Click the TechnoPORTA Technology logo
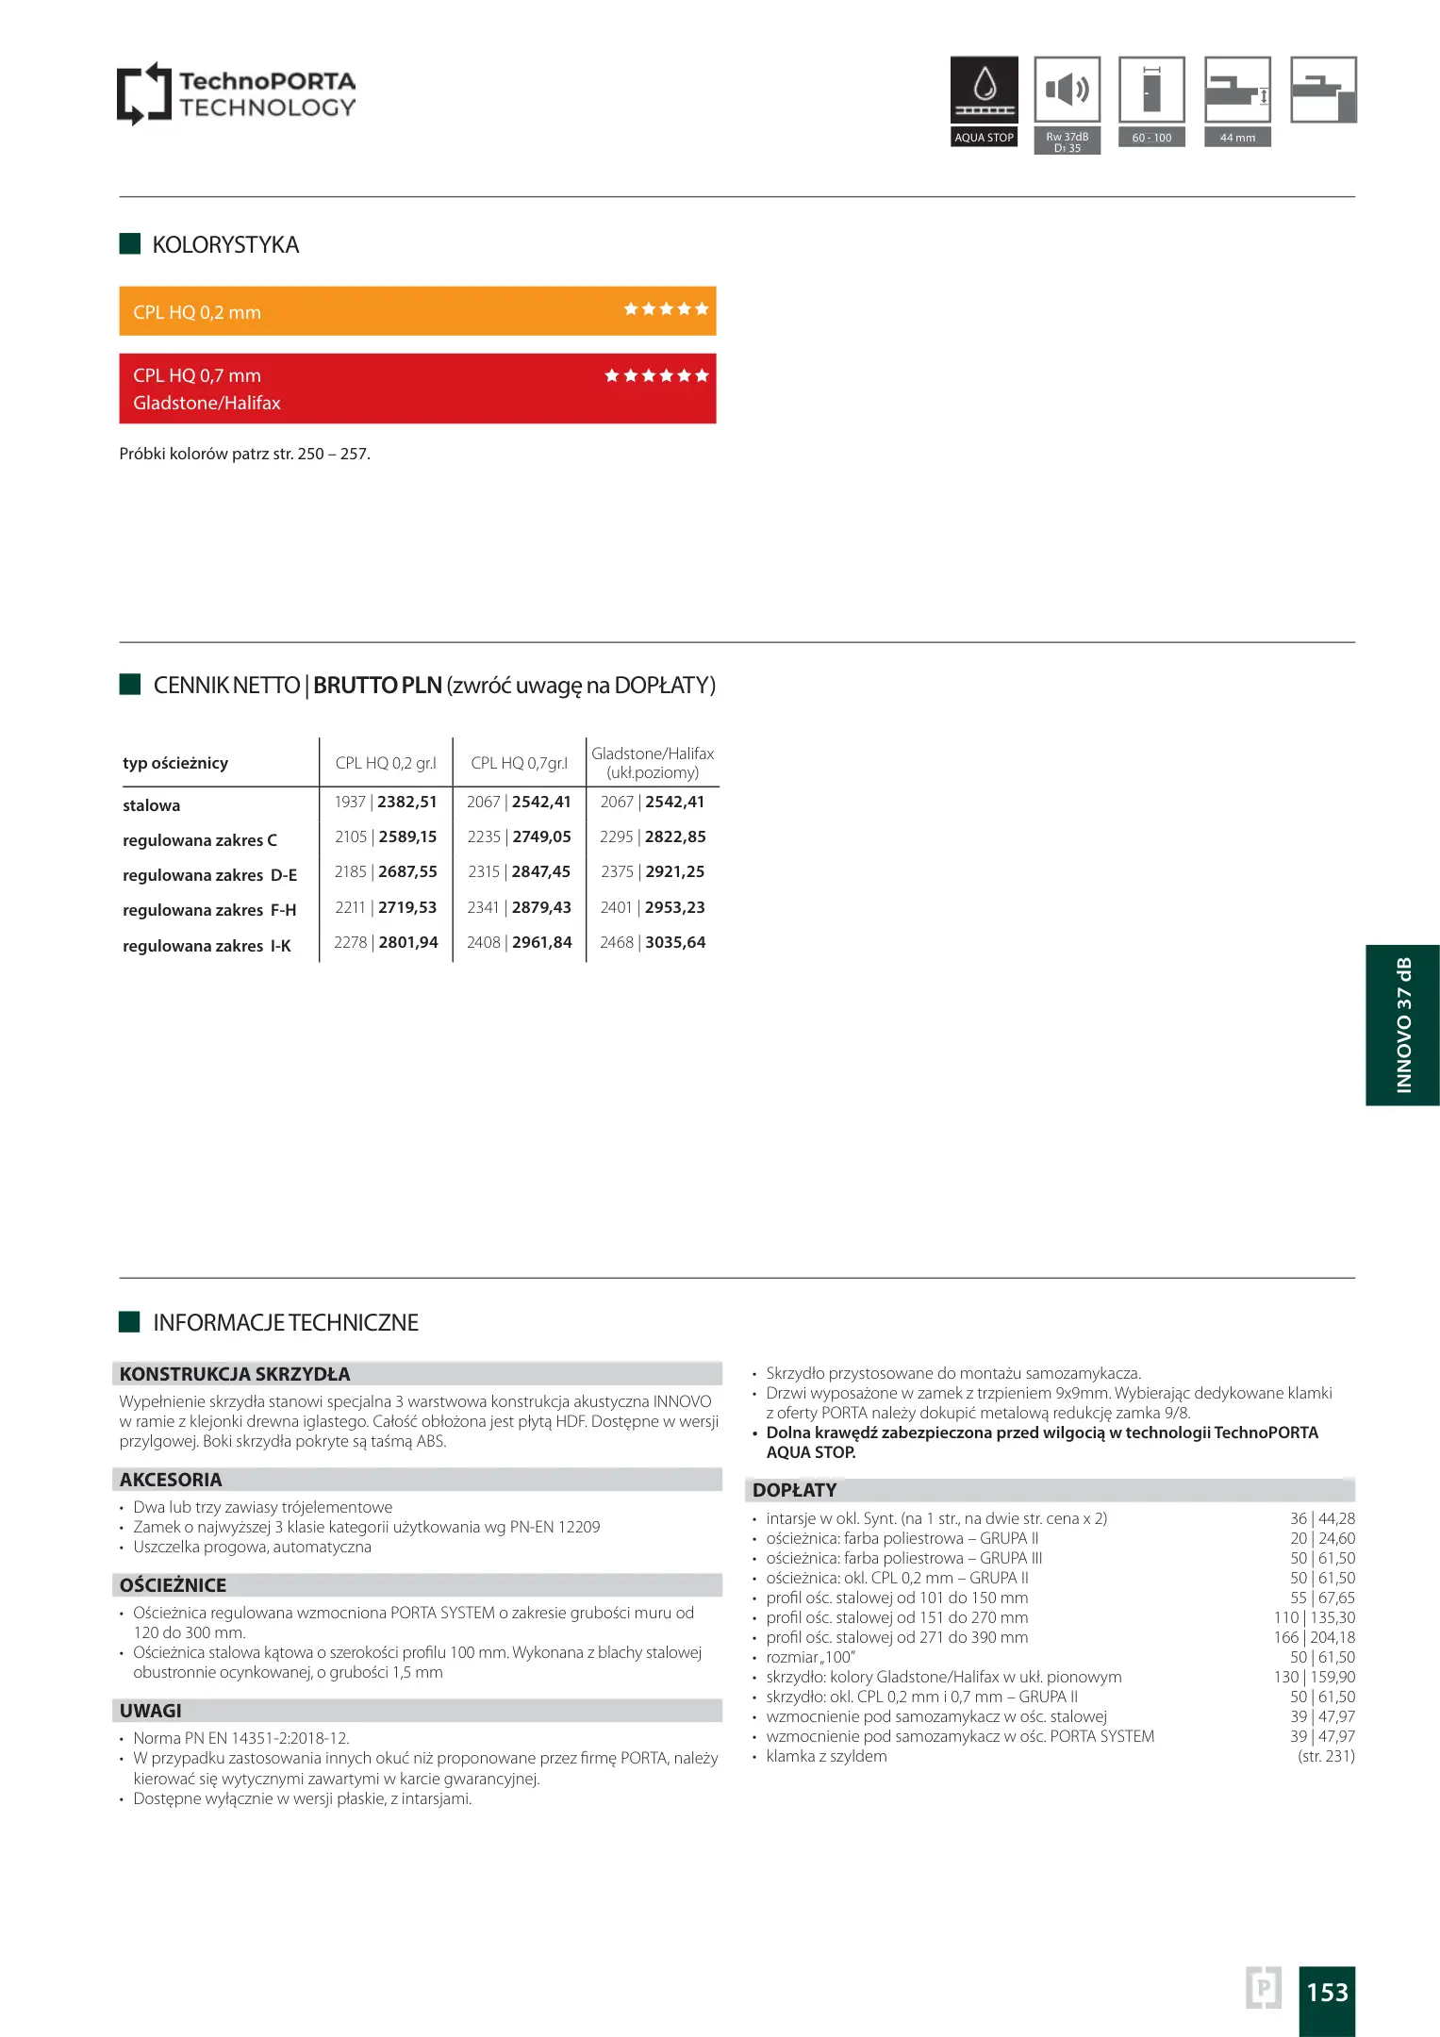[x=236, y=93]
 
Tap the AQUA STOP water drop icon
[x=984, y=86]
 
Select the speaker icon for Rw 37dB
[x=1067, y=91]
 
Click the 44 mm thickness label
[x=1237, y=138]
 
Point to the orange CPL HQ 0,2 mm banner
[x=417, y=311]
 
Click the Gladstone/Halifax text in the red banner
[x=207, y=403]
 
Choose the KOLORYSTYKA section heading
[x=225, y=245]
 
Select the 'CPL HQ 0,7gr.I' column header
[x=519, y=763]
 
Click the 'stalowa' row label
[x=151, y=805]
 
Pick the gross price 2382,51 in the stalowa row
[x=407, y=803]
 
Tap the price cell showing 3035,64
[x=675, y=942]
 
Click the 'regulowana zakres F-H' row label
[x=209, y=910]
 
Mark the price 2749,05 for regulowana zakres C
[x=541, y=837]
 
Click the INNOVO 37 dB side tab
[x=1402, y=1025]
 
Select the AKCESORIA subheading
[x=171, y=1480]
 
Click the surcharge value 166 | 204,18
[x=1314, y=1637]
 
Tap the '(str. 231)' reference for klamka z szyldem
[x=1326, y=1756]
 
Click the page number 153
[x=1327, y=1992]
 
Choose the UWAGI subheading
[x=151, y=1711]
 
